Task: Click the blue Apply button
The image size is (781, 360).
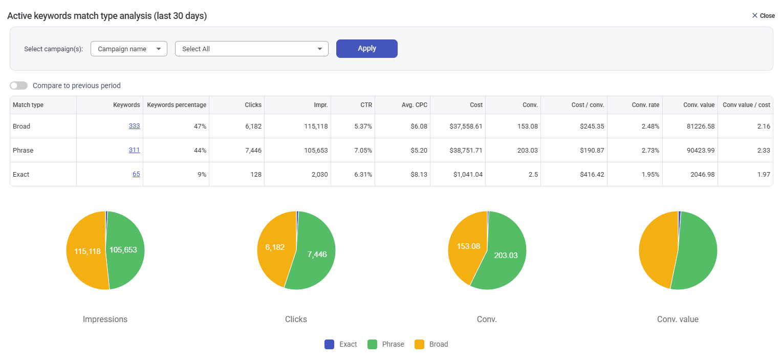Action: click(x=366, y=49)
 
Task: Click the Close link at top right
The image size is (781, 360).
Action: click(x=763, y=16)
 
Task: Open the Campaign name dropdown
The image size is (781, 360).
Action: click(x=128, y=49)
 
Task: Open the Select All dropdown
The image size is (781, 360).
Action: click(x=251, y=49)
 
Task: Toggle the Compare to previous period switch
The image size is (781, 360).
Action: click(x=19, y=86)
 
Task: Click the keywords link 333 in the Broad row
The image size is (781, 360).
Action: click(x=134, y=126)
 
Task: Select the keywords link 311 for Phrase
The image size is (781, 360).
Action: click(x=134, y=150)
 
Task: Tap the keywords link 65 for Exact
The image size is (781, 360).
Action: click(x=136, y=174)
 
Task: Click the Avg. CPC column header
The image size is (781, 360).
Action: click(x=415, y=105)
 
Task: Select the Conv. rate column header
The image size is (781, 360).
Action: click(x=645, y=105)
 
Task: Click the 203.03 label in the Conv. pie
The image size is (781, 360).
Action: click(x=506, y=256)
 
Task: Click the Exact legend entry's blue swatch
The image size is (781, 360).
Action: click(x=330, y=344)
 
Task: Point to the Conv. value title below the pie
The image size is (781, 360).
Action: click(x=678, y=319)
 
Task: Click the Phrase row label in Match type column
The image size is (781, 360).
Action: click(x=23, y=150)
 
